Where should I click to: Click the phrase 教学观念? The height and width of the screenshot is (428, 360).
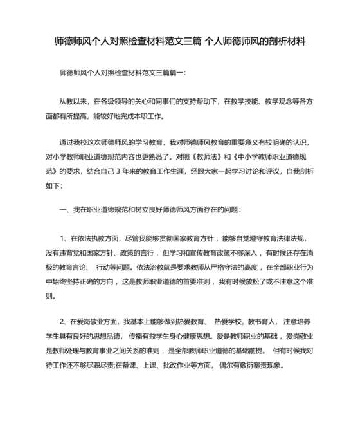tap(278, 102)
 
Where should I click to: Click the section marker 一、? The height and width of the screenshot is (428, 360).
tap(64, 209)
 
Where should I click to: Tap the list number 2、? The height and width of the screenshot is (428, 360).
tap(65, 320)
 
